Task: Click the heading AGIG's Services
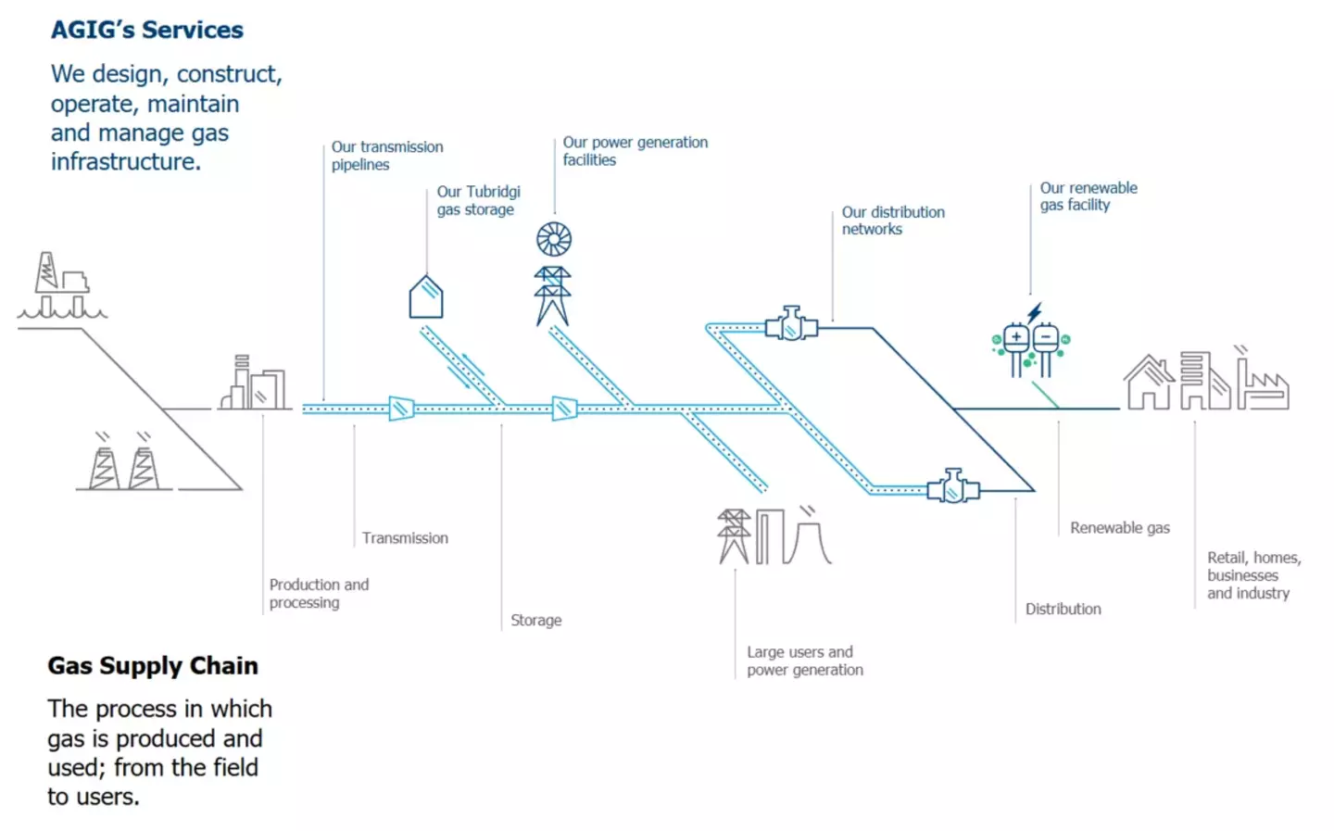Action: (146, 30)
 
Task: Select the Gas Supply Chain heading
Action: (153, 665)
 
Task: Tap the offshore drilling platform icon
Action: (61, 286)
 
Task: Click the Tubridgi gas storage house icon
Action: (426, 297)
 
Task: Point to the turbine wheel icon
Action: (554, 239)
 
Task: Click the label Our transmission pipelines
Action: (387, 156)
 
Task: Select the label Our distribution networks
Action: (892, 220)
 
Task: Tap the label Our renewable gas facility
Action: (1088, 196)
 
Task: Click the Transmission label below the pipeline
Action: (405, 537)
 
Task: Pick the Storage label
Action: (535, 620)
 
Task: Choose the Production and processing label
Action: (319, 593)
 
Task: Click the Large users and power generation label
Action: (804, 661)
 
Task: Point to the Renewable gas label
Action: (1119, 527)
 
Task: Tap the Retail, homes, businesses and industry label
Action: (1252, 574)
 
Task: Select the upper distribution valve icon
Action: (791, 324)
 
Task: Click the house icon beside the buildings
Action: (1149, 382)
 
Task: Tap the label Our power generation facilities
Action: (635, 151)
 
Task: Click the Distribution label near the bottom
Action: (1063, 609)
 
